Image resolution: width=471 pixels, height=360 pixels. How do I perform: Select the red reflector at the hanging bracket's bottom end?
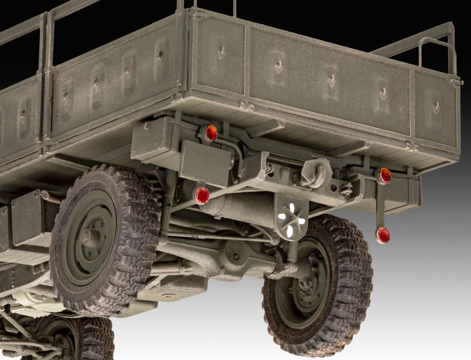383,235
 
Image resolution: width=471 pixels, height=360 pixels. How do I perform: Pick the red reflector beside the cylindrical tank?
202,195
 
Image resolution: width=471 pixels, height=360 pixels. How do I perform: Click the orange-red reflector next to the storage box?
211,132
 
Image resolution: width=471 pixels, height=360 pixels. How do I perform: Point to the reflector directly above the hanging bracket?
384,175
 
